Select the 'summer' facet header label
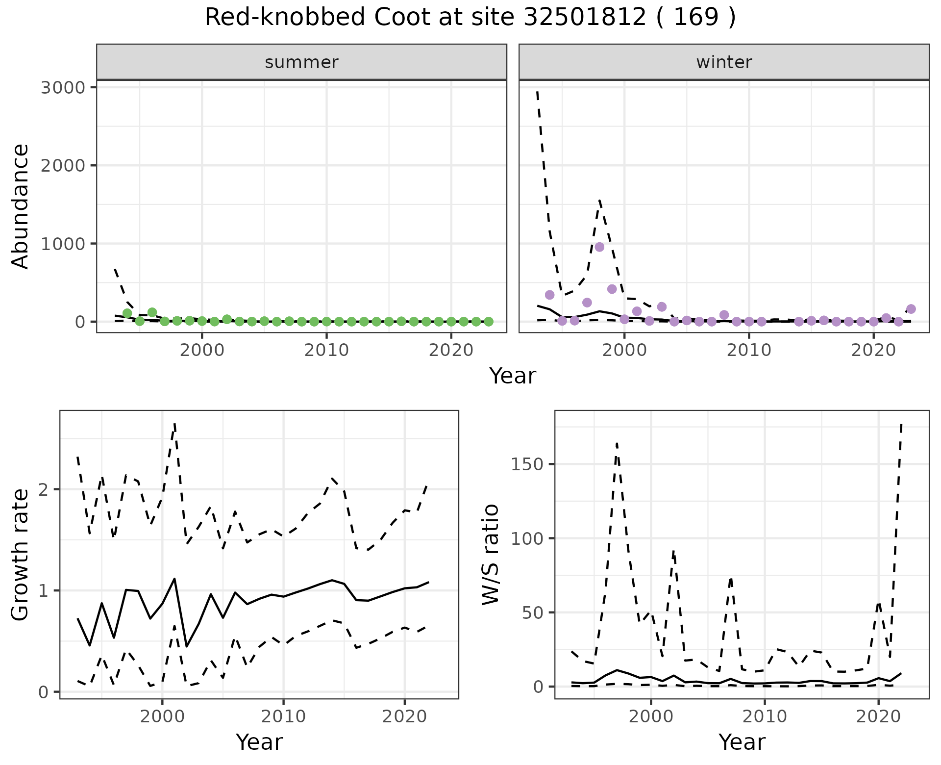pos(301,62)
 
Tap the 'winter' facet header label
pos(724,62)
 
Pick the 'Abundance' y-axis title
pos(21,206)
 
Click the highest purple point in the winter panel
pos(599,247)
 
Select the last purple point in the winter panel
pos(911,309)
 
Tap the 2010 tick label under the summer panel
pos(326,351)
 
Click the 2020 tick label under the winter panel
pos(873,351)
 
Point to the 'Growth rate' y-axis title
pos(21,555)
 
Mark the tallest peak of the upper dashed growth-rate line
pos(174,424)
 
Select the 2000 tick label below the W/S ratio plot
pos(650,716)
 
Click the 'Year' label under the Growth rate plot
pos(259,742)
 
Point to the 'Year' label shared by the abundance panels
pos(513,376)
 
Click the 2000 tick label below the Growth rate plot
pos(162,716)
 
